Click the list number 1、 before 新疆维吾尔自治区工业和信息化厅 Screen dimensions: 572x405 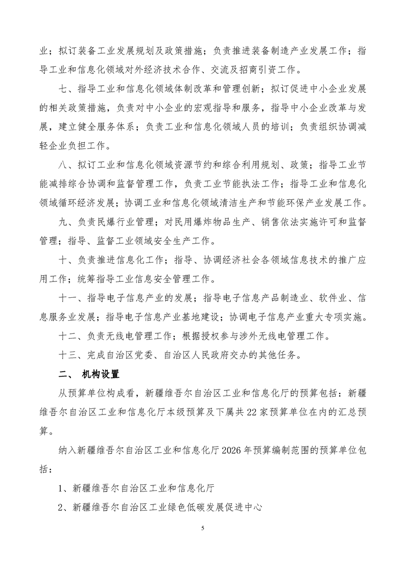click(65, 488)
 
